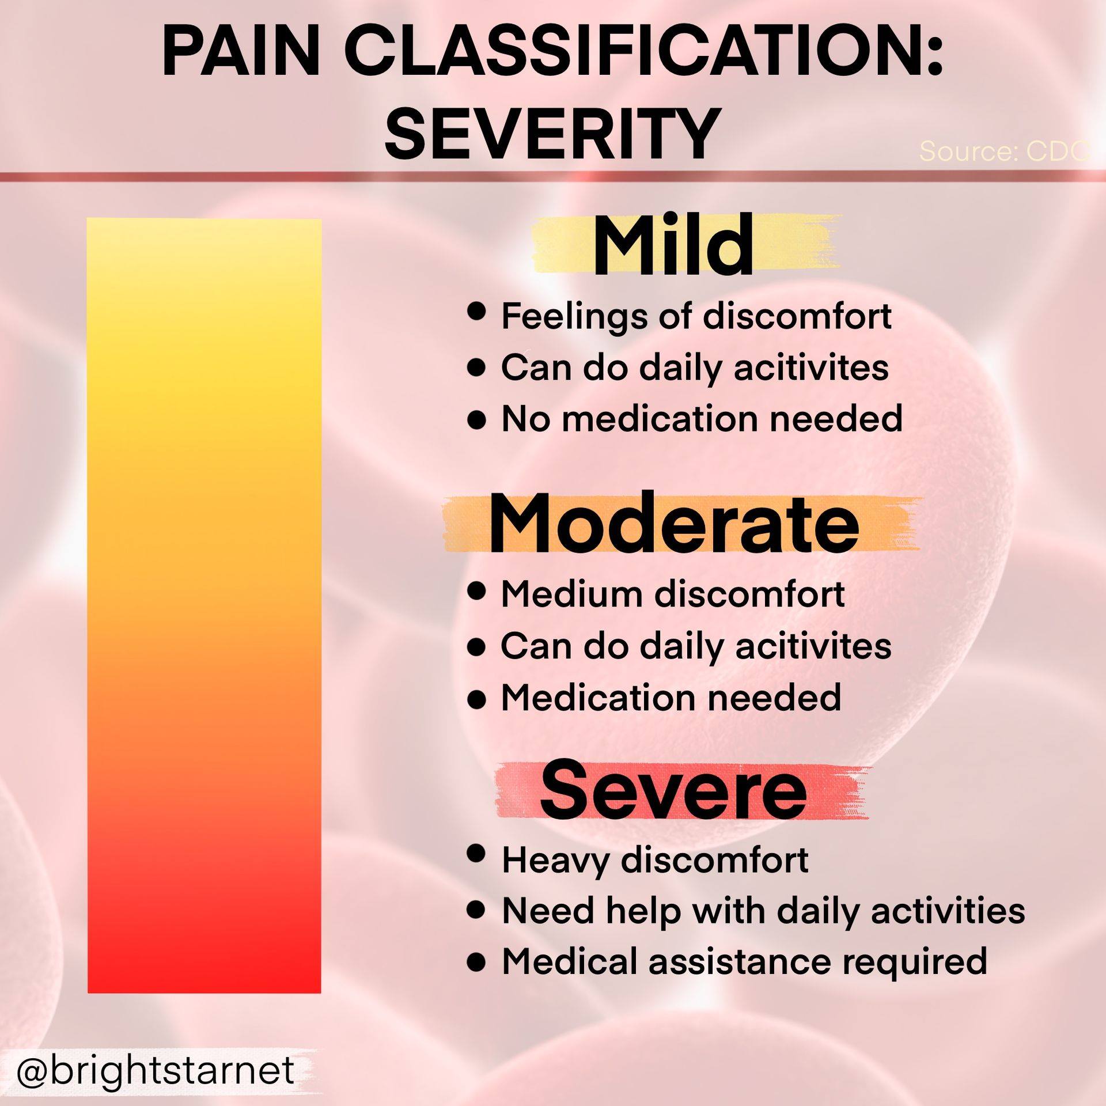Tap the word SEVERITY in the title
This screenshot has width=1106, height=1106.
[552, 134]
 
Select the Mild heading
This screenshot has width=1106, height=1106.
[673, 246]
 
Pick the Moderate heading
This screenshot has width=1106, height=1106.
[674, 524]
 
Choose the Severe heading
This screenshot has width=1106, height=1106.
[673, 791]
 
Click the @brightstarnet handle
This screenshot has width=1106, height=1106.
[156, 1070]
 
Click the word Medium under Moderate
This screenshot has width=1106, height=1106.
[572, 594]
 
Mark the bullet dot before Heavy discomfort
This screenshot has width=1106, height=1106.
[476, 853]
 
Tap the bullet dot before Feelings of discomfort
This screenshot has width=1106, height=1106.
[476, 313]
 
